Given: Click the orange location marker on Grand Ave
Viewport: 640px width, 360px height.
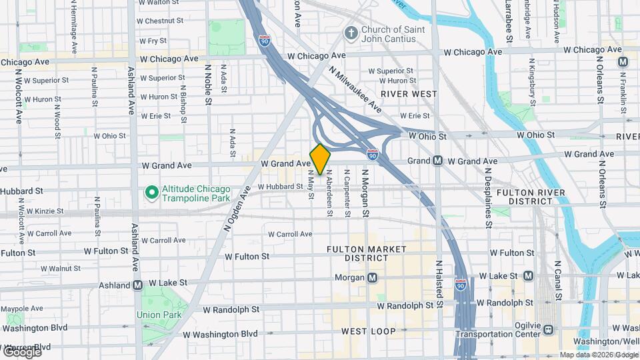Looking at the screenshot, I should (320, 159).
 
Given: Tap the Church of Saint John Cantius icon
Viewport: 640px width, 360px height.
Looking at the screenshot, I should (351, 33).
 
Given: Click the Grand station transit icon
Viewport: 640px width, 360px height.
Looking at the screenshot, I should (438, 161).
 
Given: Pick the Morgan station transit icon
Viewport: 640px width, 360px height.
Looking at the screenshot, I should (372, 277).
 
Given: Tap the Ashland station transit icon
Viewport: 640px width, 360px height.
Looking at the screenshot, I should (138, 285).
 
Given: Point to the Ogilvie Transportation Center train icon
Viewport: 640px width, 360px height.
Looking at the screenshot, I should (547, 329).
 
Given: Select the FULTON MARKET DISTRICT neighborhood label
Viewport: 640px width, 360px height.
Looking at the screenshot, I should (366, 253).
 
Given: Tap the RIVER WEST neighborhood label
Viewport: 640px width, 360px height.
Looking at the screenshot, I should (409, 94).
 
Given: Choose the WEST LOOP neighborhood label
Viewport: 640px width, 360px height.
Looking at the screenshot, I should (368, 331).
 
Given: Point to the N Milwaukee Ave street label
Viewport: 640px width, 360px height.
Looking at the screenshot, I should (355, 93).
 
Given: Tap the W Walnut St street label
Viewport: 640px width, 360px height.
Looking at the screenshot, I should (55, 268).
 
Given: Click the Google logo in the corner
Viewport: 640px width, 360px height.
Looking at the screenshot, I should (22, 351).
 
